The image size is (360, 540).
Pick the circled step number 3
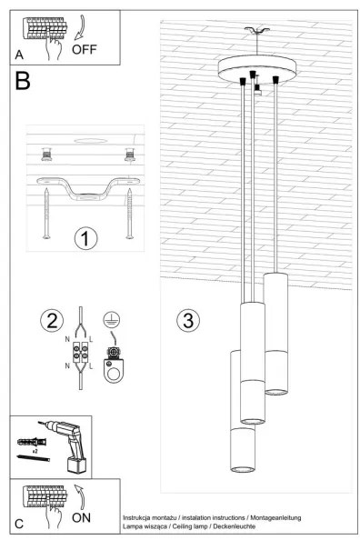188,320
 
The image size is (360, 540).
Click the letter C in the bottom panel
19,525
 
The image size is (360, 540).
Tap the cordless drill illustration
69,447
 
